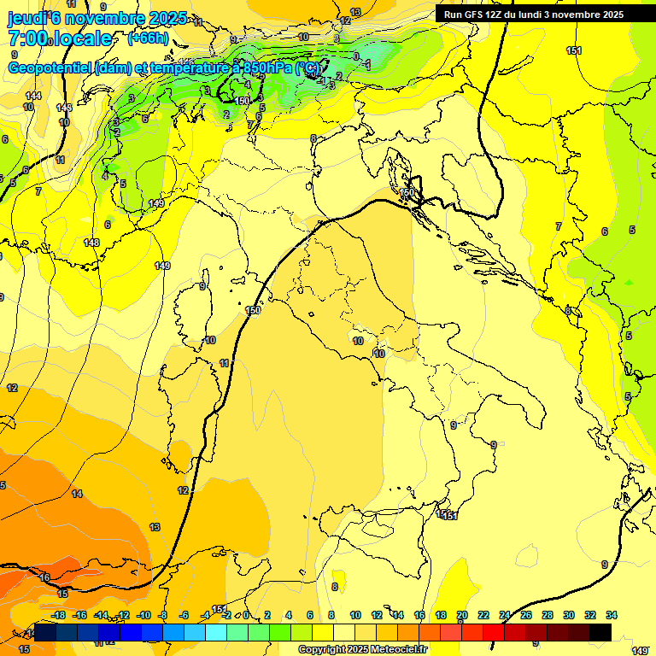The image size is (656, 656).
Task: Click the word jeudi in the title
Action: click(27, 18)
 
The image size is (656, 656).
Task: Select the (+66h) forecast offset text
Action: click(148, 38)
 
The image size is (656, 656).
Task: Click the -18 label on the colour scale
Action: click(58, 615)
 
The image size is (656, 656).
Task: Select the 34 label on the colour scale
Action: click(612, 615)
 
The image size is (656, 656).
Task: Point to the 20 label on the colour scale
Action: click(462, 615)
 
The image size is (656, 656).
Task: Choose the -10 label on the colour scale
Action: click(143, 615)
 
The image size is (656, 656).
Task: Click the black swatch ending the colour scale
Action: click(600, 632)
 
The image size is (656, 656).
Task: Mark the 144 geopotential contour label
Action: click(32, 96)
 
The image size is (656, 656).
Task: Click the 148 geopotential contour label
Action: click(91, 243)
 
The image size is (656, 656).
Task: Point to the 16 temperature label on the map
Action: click(44, 578)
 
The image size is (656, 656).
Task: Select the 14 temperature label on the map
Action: click(77, 494)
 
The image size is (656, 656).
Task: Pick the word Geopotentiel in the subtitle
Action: click(50, 67)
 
